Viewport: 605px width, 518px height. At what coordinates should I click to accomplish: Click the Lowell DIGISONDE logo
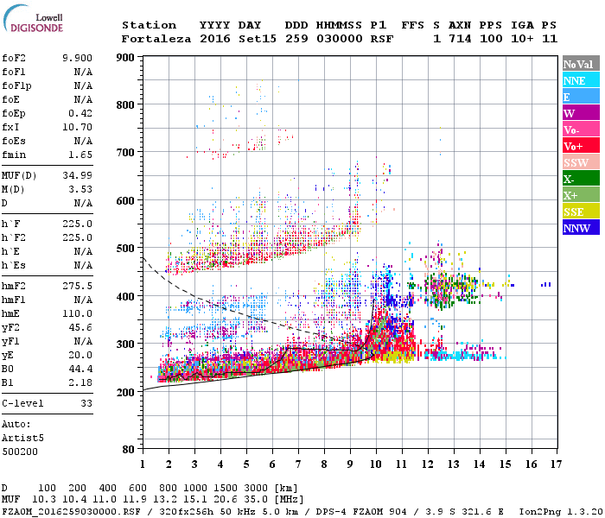(x=30, y=22)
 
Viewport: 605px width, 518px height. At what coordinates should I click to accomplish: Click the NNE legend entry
(x=575, y=80)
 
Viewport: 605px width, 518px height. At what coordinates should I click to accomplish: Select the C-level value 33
(x=86, y=402)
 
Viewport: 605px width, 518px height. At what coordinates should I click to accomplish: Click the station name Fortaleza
(x=157, y=39)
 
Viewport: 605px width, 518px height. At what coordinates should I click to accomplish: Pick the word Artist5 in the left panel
(x=22, y=438)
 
